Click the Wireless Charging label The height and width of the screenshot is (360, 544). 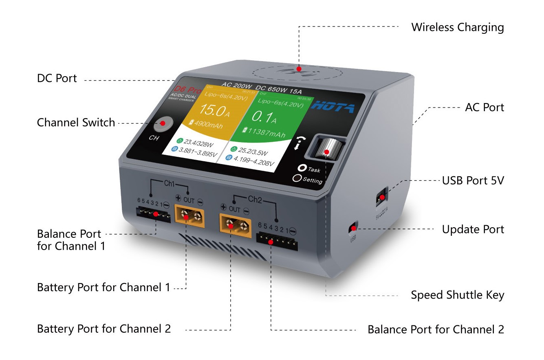coord(457,27)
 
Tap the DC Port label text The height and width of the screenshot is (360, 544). coord(57,78)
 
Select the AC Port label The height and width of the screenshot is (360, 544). coord(484,108)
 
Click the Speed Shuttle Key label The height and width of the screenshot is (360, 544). coord(457,295)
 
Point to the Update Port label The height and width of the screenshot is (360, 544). coord(473,229)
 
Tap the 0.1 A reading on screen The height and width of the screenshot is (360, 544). coord(265,118)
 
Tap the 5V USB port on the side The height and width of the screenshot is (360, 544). coord(381,198)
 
